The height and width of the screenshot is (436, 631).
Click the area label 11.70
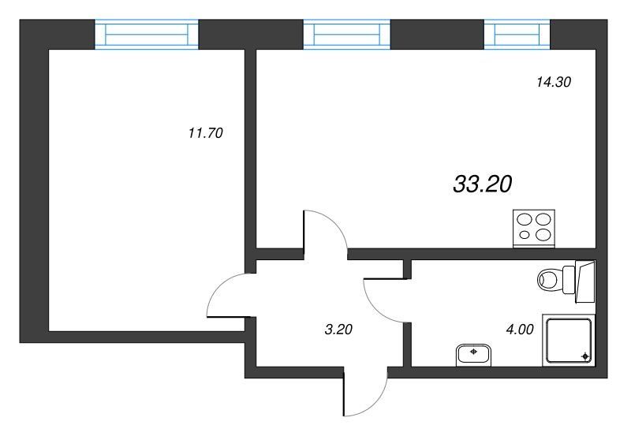205,132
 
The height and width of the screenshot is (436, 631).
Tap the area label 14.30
554,82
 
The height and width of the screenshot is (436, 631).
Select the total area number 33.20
483,184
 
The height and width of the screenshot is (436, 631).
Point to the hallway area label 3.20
338,330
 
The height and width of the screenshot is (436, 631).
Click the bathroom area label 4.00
520,330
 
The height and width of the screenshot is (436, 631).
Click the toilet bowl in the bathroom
549,280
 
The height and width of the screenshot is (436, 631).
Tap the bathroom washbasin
474,354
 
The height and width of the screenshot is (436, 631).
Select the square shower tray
568,341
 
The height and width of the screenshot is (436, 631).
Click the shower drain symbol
585,356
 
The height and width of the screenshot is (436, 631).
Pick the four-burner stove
534,229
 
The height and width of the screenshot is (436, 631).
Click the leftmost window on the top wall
147,34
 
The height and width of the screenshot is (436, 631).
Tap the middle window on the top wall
346,34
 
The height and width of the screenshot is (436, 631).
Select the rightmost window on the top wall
517,34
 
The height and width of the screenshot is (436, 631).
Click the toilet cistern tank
568,280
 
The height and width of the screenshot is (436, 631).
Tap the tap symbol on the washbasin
474,352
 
